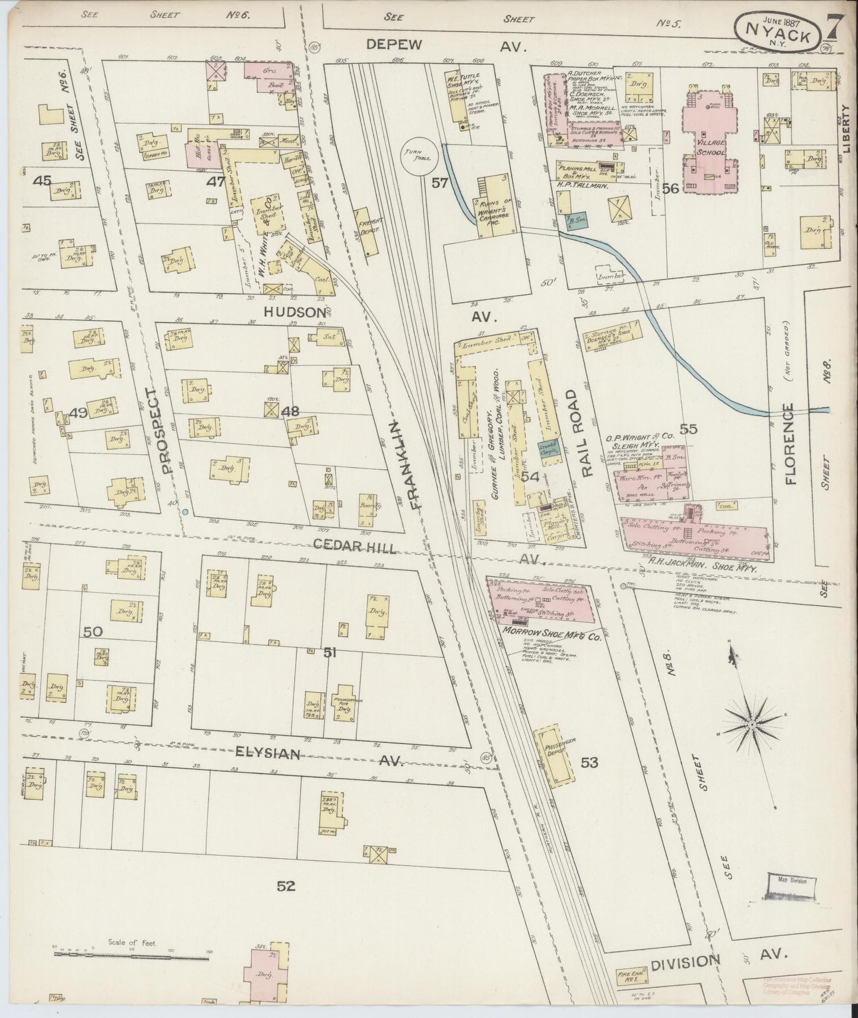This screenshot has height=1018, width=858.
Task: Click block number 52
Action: tap(286, 887)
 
